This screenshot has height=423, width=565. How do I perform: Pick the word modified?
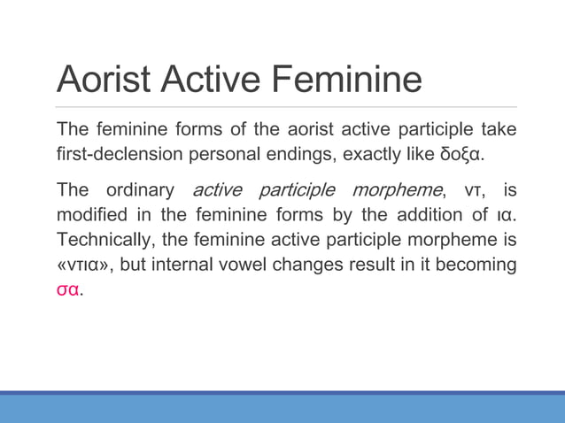(x=91, y=217)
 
